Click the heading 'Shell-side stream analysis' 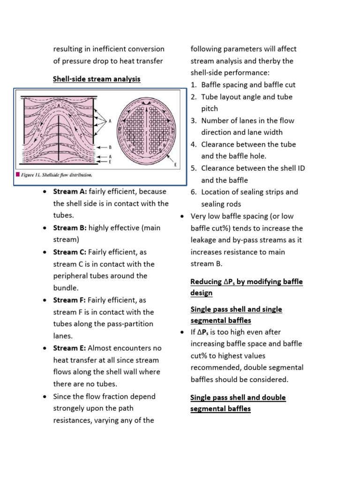(x=97, y=79)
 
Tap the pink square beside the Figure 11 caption (x=18, y=175)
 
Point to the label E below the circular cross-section (x=175, y=165)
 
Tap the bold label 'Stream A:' (x=67, y=192)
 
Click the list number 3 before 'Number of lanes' (x=193, y=120)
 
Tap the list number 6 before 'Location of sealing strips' (x=193, y=192)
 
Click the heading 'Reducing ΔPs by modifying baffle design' (x=247, y=287)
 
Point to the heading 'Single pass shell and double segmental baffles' (x=238, y=403)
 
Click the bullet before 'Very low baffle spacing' (x=182, y=216)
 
